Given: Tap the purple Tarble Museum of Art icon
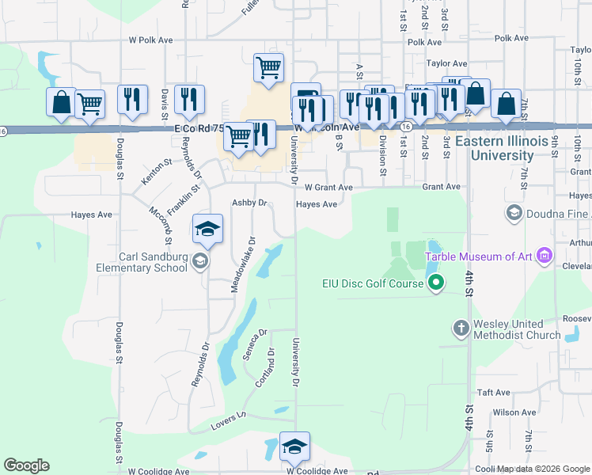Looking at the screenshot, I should coord(544,256).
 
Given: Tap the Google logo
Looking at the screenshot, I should coord(26,465).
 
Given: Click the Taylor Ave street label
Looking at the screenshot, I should coord(446,63).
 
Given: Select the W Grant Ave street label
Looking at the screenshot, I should coord(328,188).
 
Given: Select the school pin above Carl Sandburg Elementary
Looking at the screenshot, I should coord(207,229).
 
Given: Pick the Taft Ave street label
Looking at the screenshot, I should coord(494,392).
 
